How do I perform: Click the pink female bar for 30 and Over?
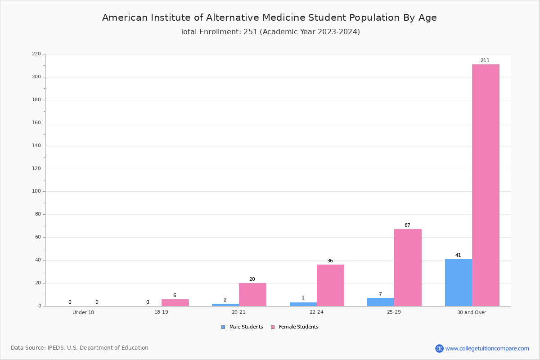point(486,185)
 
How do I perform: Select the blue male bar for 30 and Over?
point(459,283)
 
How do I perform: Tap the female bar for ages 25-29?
point(408,268)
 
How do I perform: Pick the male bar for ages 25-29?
point(381,302)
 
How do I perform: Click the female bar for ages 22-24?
point(330,285)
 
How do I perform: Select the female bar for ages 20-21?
point(252,295)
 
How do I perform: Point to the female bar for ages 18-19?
point(175,303)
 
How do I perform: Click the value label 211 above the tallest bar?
point(485,60)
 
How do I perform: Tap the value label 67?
point(407,225)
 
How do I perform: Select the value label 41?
point(458,255)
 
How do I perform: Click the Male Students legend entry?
point(242,327)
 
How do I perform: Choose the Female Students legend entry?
point(295,327)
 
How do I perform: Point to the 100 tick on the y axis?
point(36,191)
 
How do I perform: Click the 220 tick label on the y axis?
point(36,54)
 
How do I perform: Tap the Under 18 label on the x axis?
point(83,312)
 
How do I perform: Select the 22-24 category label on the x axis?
point(316,312)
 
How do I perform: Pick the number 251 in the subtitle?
point(250,32)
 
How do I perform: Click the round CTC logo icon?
point(439,348)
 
